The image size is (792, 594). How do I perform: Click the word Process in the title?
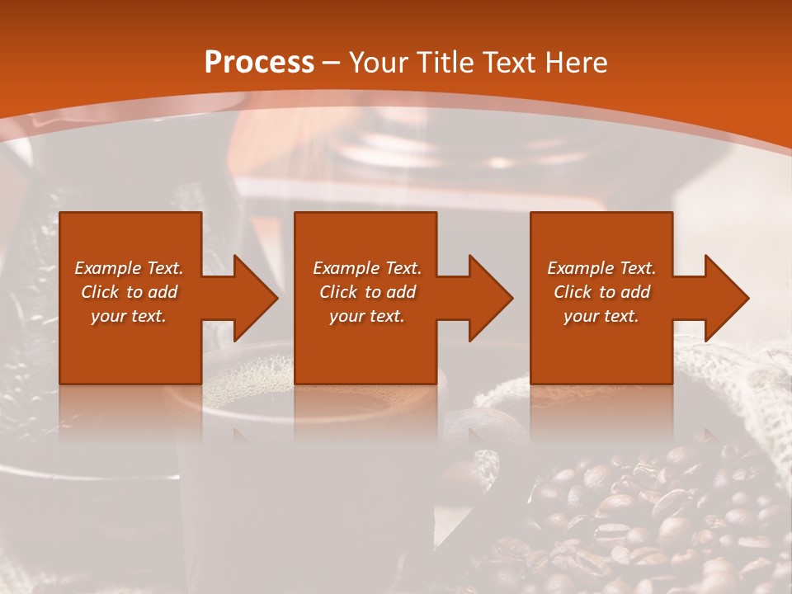[259, 63]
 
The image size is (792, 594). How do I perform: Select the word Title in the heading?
[444, 63]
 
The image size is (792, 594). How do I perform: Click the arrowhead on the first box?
[251, 298]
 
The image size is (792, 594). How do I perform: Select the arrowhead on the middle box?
[486, 298]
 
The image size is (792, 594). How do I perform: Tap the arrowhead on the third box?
[722, 298]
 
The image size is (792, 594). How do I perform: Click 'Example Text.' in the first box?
[129, 268]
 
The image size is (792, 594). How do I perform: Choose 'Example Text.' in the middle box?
[367, 268]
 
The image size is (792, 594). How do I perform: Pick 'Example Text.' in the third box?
[601, 268]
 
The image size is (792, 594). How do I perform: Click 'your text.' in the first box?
[129, 316]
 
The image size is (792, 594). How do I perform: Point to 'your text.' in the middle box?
[367, 316]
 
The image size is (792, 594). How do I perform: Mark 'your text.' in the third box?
[601, 316]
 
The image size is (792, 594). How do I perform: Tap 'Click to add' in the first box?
[129, 292]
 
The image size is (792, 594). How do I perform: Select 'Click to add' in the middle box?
[367, 292]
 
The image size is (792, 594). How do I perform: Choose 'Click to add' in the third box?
[601, 292]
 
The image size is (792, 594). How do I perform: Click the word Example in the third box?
[581, 268]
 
